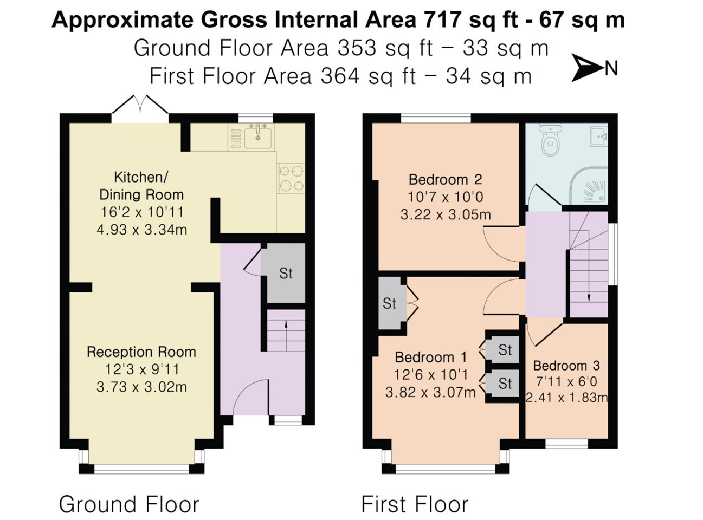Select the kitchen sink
coord(258,136)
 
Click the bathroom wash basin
coord(599,136)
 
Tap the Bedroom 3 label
coord(566,366)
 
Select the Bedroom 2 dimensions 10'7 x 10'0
coord(446,197)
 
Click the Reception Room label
coord(141,352)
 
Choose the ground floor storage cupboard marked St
coord(286,273)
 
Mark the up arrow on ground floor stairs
coord(286,336)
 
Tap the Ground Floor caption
coord(129,504)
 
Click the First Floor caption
coord(415,504)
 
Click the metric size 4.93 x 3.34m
coord(141,229)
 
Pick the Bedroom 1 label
coord(431,357)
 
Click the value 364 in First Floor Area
coord(340,76)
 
